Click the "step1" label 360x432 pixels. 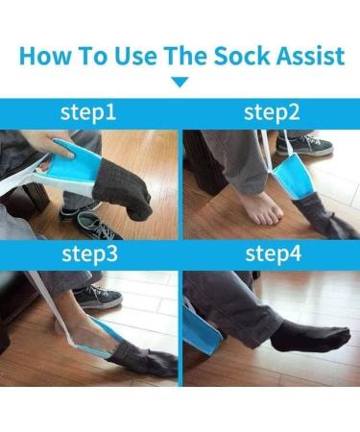[89, 112]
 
